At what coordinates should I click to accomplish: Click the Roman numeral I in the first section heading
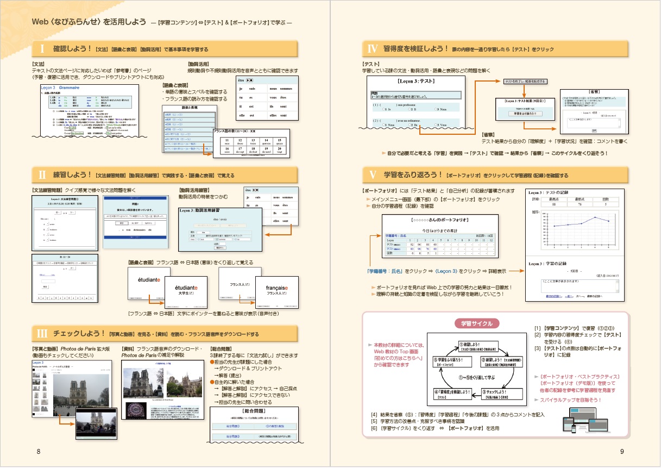[42, 49]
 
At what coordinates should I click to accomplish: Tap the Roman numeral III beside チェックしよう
[42, 333]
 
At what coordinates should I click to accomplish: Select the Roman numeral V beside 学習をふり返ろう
[372, 175]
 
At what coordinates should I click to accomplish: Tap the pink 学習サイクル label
[476, 323]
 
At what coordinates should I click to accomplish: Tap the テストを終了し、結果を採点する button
[525, 82]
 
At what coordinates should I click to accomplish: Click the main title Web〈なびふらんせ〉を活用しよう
[89, 22]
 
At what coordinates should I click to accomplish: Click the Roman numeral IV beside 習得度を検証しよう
[372, 49]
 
